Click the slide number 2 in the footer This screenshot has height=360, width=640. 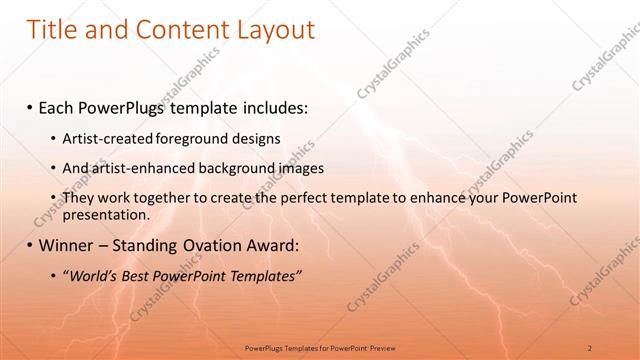pyautogui.click(x=591, y=347)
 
